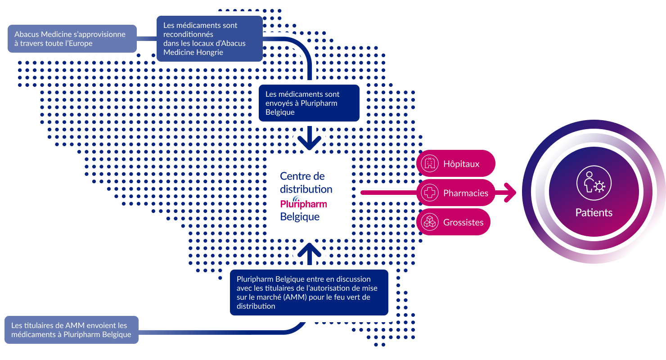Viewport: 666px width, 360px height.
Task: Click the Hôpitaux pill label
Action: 461,164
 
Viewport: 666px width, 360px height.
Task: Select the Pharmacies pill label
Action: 465,193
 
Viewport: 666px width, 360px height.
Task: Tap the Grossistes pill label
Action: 463,222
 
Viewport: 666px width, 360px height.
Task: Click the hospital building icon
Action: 429,164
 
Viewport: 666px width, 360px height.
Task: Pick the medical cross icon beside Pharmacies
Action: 429,193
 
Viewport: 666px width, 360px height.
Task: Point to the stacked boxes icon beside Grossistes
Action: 429,222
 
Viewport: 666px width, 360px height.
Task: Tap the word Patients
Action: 594,212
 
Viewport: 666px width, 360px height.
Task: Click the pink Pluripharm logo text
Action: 303,203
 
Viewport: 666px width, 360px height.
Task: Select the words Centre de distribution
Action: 306,182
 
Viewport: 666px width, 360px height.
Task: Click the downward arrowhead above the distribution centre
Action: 309,141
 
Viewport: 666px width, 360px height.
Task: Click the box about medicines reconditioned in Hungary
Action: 209,39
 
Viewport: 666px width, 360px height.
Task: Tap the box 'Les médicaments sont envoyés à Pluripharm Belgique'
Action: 309,103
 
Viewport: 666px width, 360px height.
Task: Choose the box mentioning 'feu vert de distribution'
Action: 309,292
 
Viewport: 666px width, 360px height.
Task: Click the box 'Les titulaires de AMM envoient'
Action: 71,330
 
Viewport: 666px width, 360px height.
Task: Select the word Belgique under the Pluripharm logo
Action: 300,217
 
